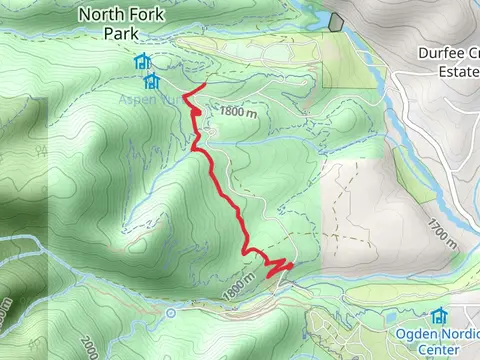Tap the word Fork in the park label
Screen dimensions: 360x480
148,14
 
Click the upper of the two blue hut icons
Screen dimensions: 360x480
141,62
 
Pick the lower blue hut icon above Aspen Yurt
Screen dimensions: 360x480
152,79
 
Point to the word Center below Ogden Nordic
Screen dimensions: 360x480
439,351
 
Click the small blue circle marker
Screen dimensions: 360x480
171,313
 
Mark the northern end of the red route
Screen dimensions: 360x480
204,86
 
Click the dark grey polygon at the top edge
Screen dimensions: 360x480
335,20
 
